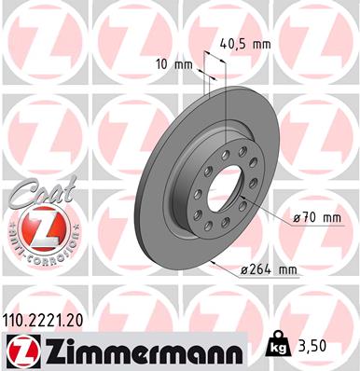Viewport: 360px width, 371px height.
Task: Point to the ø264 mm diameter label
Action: [x=268, y=270]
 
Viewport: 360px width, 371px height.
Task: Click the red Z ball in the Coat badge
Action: [x=35, y=228]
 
